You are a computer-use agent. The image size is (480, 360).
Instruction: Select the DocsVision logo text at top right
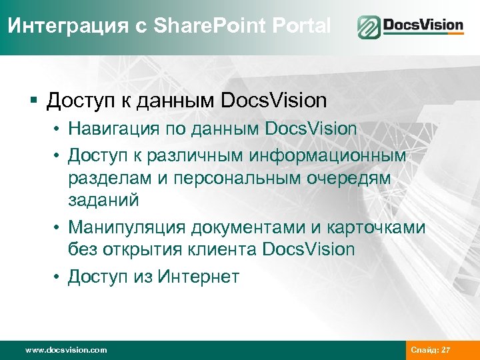tap(423, 27)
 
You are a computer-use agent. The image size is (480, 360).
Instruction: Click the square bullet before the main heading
tap(34, 101)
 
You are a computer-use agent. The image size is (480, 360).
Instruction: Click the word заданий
tap(101, 201)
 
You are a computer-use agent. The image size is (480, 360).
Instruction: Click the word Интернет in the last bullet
tap(198, 276)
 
